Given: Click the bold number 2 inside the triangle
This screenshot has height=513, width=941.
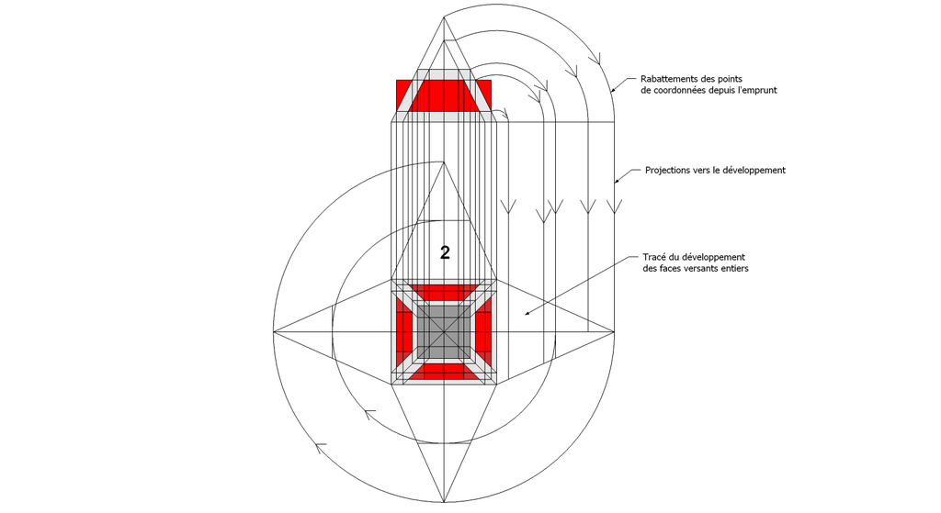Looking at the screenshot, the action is click(x=445, y=253).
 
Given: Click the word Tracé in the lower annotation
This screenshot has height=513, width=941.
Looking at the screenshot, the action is click(x=654, y=257).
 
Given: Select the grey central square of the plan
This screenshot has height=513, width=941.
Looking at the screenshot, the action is click(x=444, y=331).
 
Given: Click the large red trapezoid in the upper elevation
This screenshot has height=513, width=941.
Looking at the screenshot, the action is click(x=444, y=95).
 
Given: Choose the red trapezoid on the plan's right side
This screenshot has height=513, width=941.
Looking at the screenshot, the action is click(x=483, y=331).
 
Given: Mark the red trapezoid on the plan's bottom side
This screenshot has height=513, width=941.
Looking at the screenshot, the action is click(x=444, y=371).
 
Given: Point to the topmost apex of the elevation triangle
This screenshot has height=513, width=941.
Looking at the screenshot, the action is click(x=444, y=17).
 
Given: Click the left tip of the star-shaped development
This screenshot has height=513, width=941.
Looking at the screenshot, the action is click(x=274, y=331).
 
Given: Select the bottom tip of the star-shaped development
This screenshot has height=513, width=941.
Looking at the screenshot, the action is click(x=444, y=502).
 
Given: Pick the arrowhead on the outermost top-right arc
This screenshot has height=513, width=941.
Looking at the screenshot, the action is click(x=595, y=58).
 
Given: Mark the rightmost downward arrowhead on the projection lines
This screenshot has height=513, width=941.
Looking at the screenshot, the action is click(x=614, y=206).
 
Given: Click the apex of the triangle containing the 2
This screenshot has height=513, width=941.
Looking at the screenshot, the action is click(x=444, y=162).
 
